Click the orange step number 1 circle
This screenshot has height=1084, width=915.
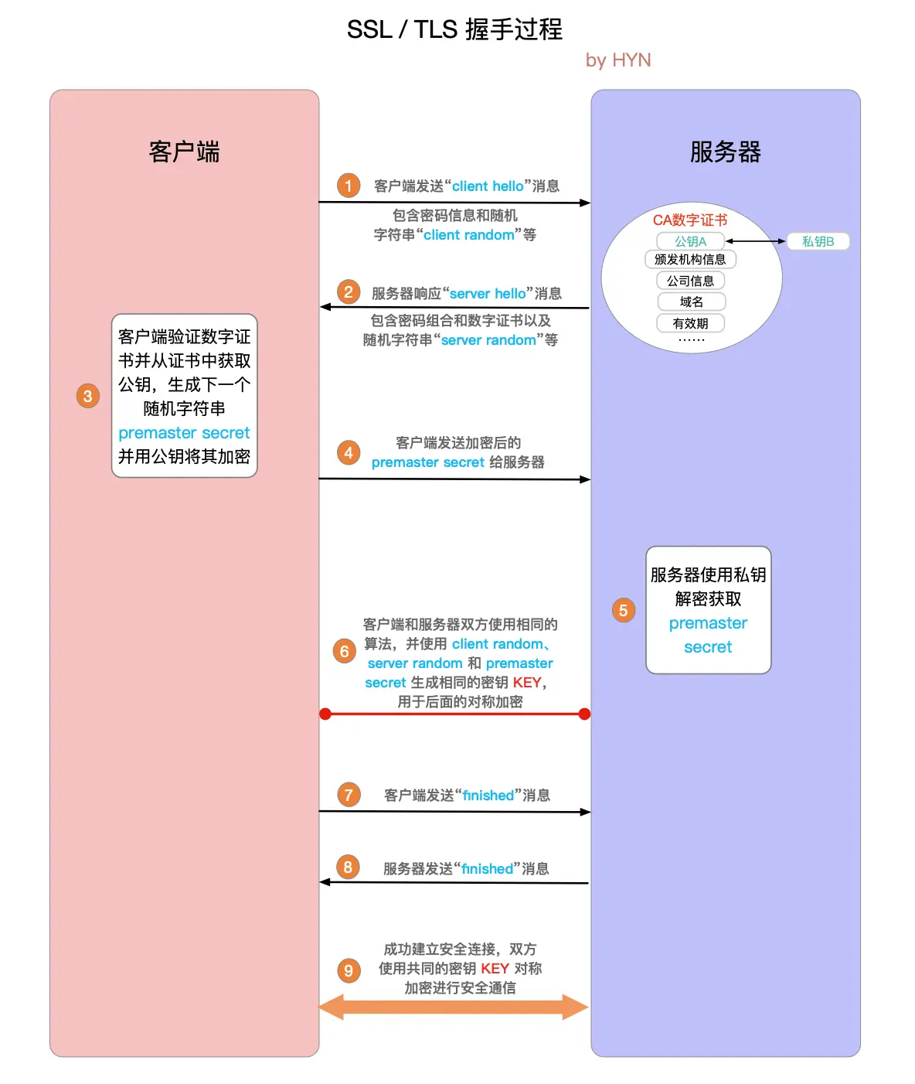pos(349,186)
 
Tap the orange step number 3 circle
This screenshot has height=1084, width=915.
pos(88,397)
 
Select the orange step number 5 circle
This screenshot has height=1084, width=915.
pos(623,610)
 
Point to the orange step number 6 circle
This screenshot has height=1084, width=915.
pos(345,651)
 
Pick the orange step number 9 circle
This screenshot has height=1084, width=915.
pos(349,970)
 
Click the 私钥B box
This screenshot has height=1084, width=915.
pos(818,241)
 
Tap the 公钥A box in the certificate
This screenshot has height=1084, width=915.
pos(690,241)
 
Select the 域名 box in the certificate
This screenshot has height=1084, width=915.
pos(692,302)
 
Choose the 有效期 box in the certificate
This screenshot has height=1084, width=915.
pos(691,323)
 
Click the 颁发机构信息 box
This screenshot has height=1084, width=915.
pos(690,259)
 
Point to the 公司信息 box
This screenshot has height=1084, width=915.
pos(691,281)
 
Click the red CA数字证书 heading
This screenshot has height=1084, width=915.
pos(690,220)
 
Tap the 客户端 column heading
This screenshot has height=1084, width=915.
pos(184,152)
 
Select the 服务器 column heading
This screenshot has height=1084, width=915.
pos(725,152)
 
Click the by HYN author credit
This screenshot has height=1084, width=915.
pos(618,60)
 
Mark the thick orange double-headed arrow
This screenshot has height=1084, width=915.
pos(454,1007)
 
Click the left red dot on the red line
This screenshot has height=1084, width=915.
pos(325,714)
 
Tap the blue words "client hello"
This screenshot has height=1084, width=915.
pos(488,186)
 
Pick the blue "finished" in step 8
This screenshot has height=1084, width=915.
pos(488,869)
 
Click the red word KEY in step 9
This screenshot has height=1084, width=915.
pos(495,969)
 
